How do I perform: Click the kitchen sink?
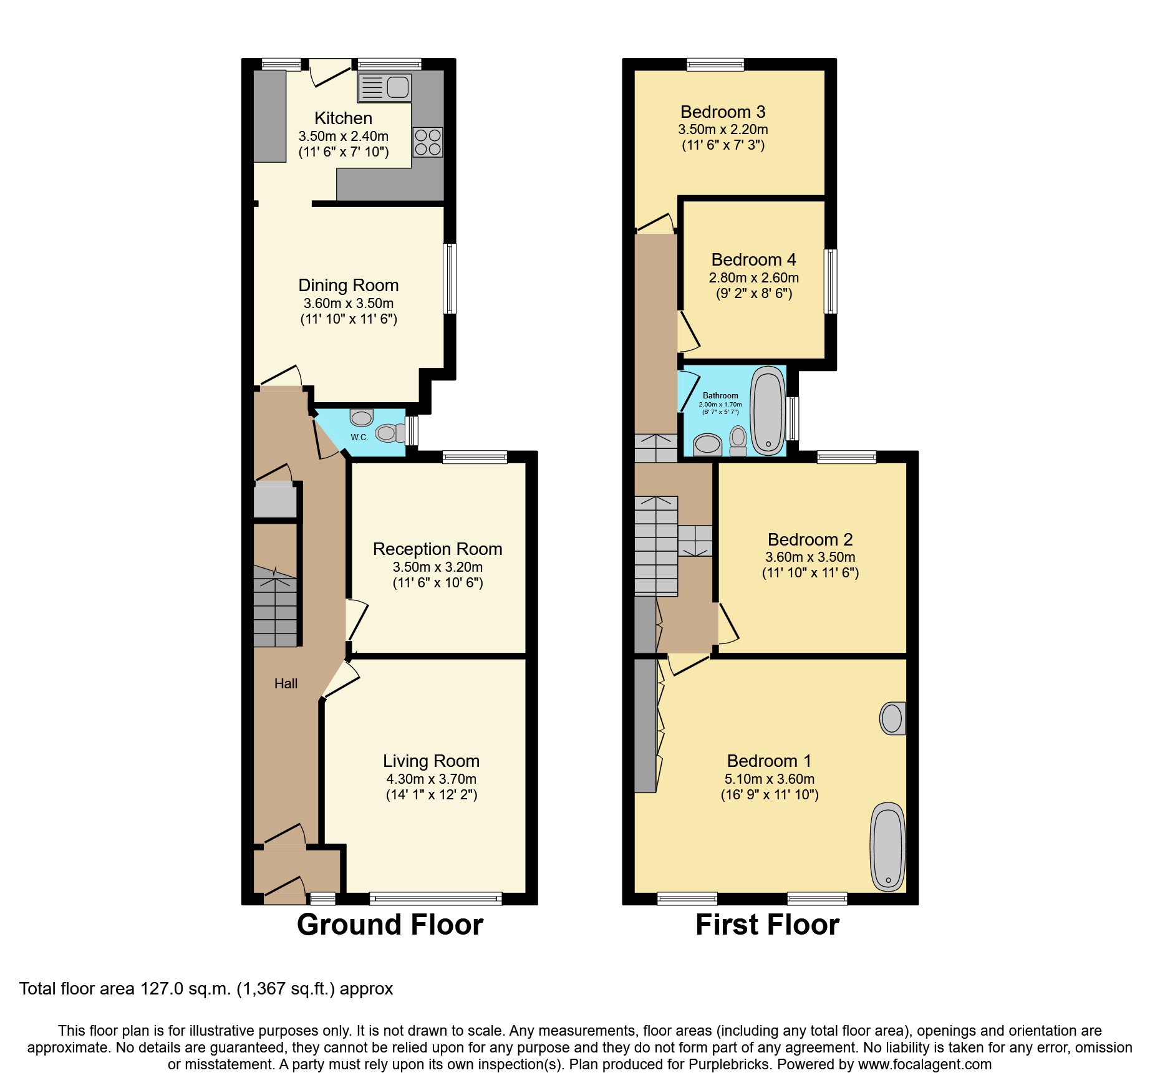pos(385,88)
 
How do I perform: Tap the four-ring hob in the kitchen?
pos(428,142)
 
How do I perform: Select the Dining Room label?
pos(348,286)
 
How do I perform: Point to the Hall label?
pos(286,684)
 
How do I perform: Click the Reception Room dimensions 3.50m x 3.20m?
pos(437,567)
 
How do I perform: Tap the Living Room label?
pos(431,761)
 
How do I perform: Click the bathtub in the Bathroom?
pos(768,411)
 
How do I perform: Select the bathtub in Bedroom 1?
pos(887,846)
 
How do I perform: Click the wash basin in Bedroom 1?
pos(892,719)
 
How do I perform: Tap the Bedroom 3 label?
pos(723,112)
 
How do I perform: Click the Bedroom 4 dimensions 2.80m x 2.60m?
pos(753,278)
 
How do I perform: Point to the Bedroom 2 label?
pos(810,539)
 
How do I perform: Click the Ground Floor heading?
pos(390,925)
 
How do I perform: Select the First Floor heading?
pos(767,925)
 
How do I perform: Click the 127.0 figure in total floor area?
pos(162,989)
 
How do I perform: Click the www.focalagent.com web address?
pos(924,1064)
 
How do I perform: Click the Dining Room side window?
pos(449,278)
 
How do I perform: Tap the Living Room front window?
pos(435,898)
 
